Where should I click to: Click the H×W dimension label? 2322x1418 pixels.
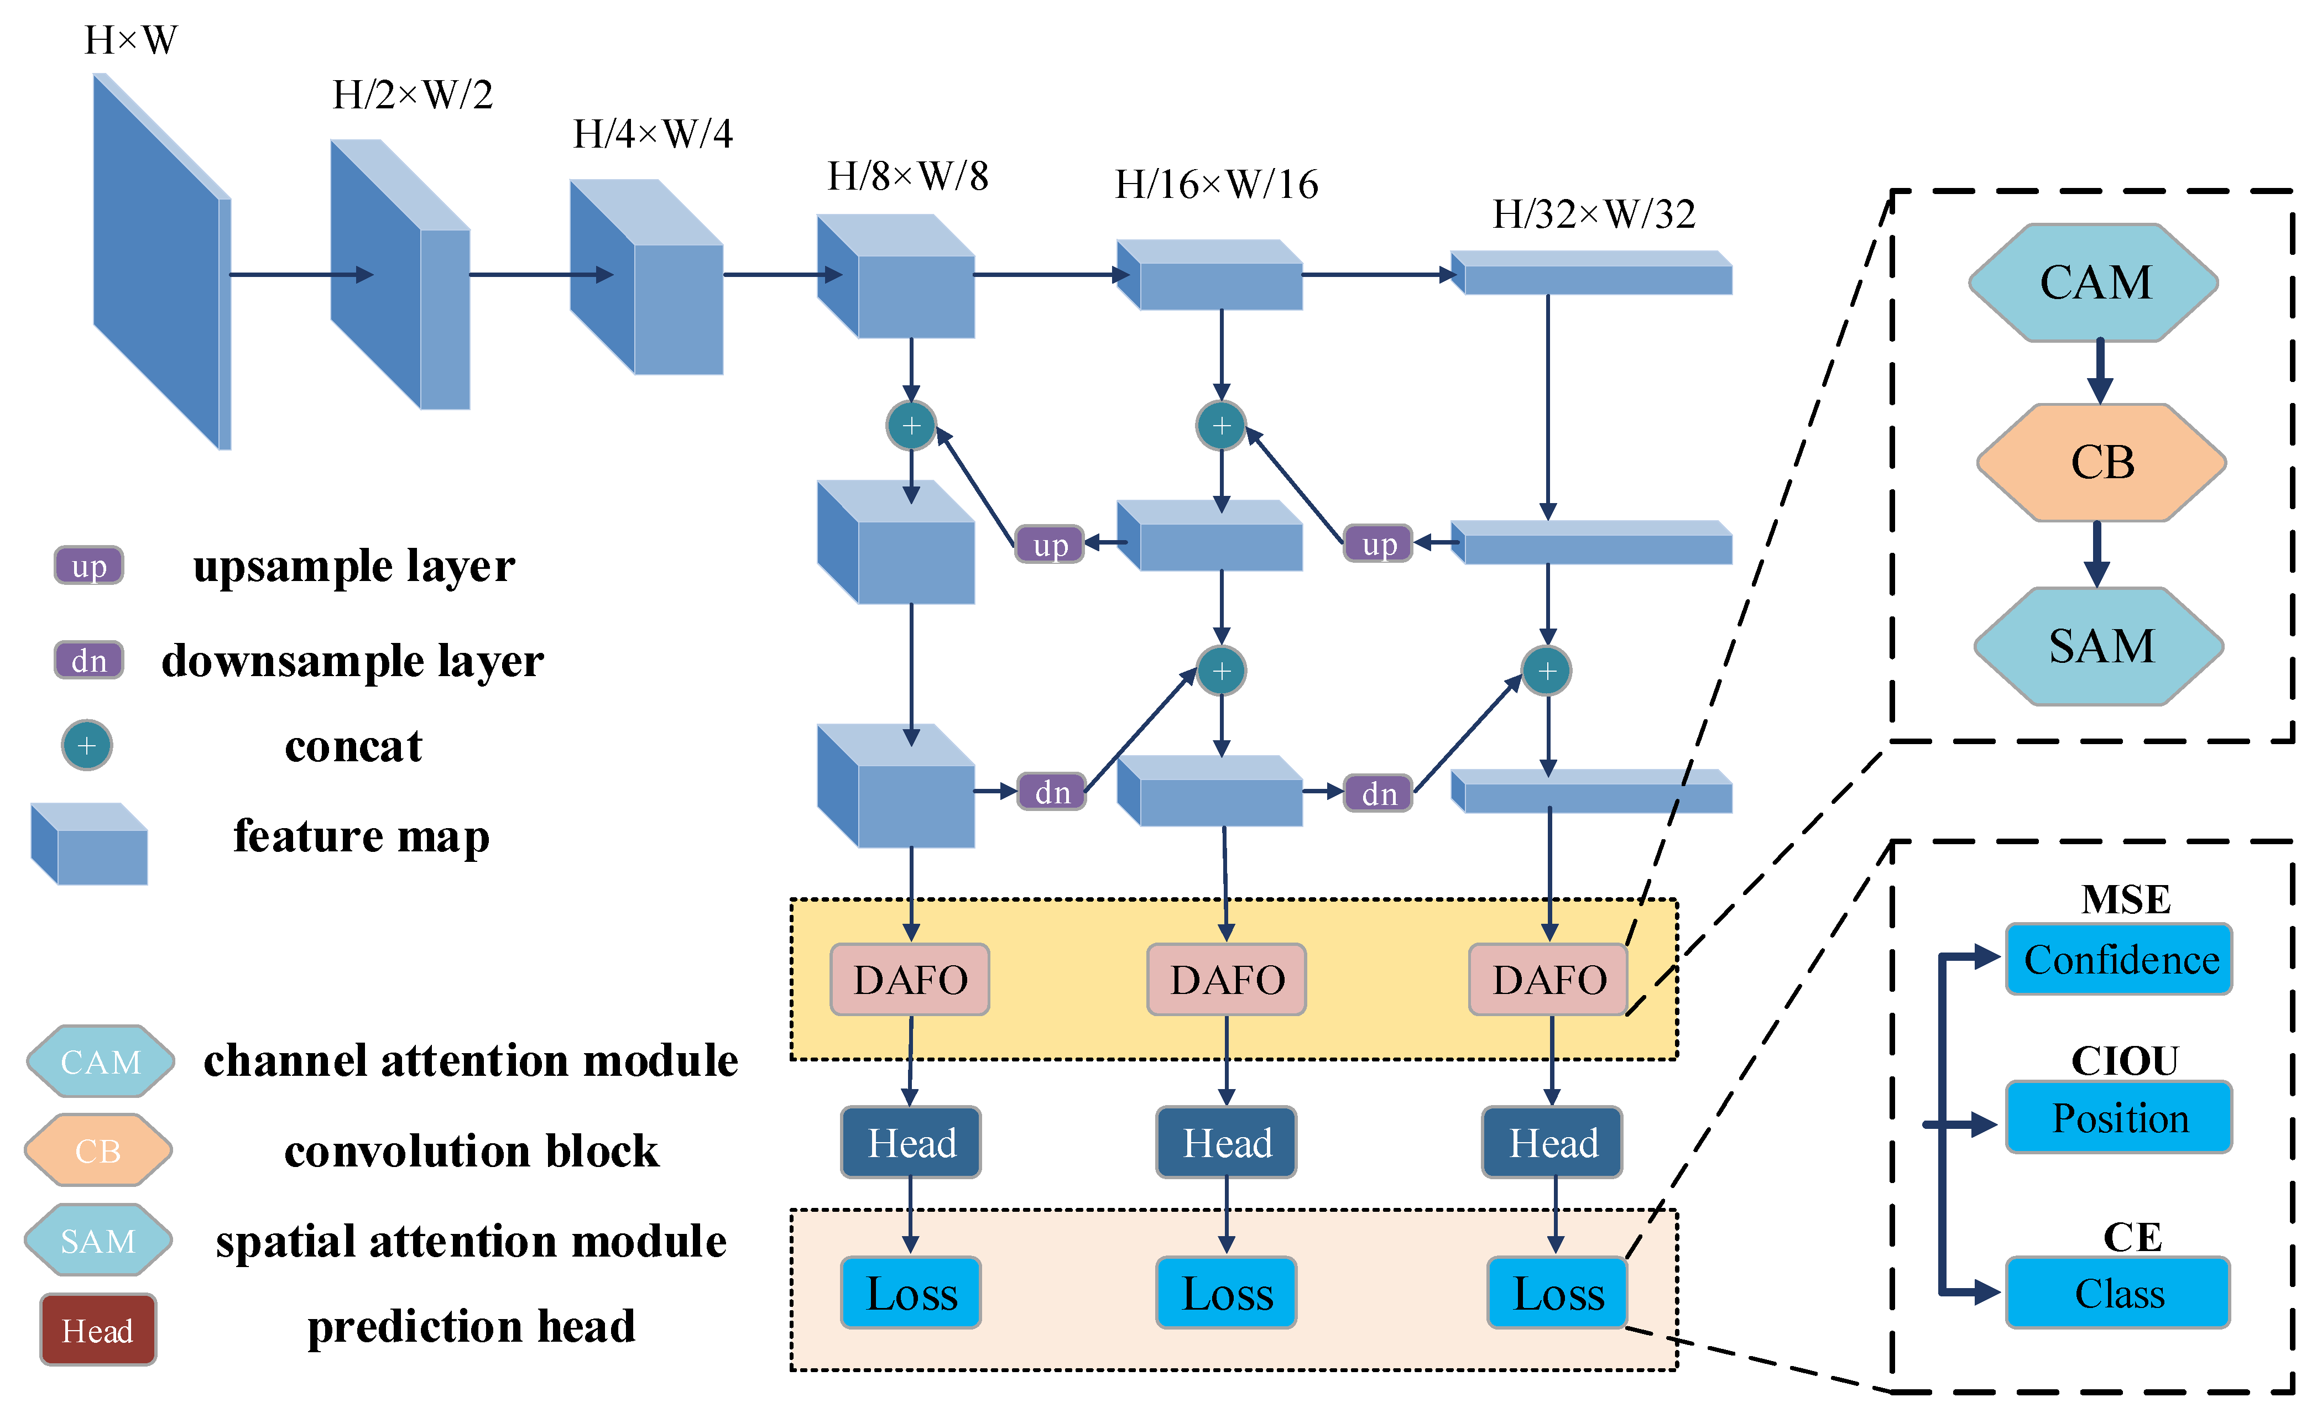(131, 40)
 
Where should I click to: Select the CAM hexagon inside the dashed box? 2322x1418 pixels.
(2094, 282)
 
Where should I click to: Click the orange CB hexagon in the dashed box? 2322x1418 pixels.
(2101, 463)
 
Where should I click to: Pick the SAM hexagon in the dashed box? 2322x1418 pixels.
(2100, 646)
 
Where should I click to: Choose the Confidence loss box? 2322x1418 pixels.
(2120, 959)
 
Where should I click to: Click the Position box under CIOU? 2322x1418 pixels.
(2120, 1117)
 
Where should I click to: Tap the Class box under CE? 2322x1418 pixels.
(2119, 1293)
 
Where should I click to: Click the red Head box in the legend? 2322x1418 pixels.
(98, 1330)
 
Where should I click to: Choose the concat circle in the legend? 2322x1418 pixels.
(87, 745)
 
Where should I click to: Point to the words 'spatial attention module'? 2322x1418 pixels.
(471, 1241)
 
